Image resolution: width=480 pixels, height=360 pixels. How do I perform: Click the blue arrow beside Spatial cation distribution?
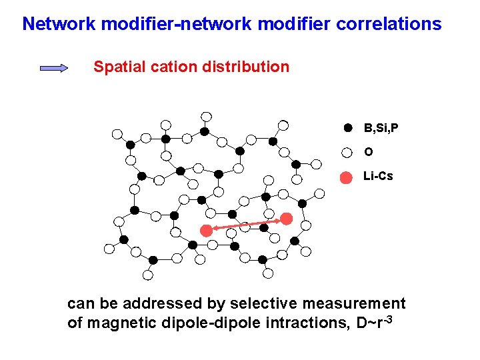click(x=54, y=67)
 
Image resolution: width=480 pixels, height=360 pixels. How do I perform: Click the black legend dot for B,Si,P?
click(x=347, y=127)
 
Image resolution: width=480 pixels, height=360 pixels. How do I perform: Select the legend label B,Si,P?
click(x=381, y=127)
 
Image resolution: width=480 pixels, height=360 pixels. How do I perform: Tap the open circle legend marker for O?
click(x=347, y=152)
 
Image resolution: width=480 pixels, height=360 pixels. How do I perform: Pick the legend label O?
click(x=368, y=152)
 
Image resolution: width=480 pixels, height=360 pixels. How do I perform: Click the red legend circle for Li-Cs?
click(x=347, y=177)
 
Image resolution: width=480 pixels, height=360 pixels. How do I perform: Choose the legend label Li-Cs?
click(x=378, y=177)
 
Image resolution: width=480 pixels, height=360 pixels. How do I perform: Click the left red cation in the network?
click(x=207, y=230)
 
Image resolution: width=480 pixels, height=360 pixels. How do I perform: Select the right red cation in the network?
click(x=287, y=218)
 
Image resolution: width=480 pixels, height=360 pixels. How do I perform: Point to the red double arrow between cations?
click(x=247, y=224)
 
